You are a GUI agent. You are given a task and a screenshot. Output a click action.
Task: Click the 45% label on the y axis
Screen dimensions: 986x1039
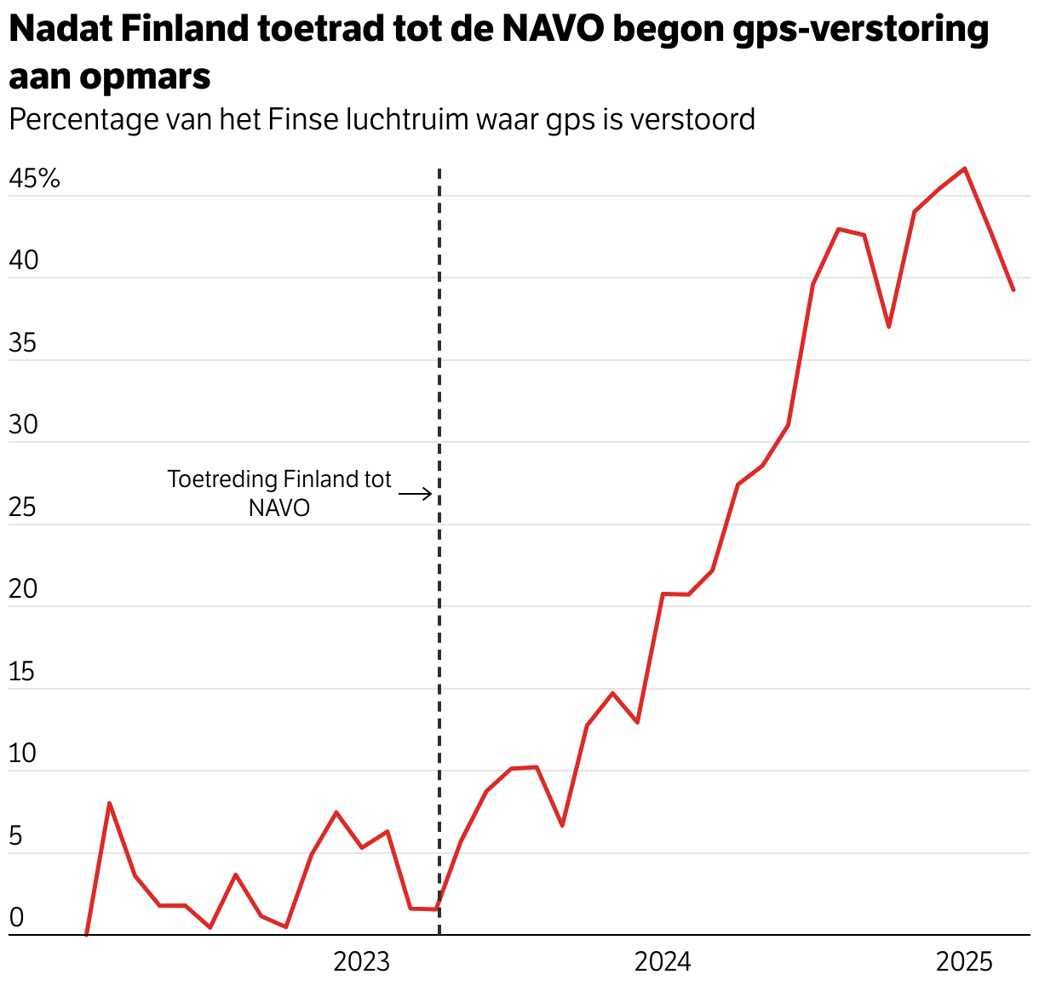[x=34, y=179]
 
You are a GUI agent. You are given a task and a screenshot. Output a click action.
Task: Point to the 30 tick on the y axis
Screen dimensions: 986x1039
[x=23, y=425]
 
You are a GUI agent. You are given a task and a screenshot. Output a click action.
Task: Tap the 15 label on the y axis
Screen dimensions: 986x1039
[x=22, y=672]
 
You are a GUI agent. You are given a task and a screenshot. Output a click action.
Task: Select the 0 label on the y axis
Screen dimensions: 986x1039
[x=16, y=918]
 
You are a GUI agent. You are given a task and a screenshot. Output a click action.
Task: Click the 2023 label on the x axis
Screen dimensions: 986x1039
[x=361, y=962]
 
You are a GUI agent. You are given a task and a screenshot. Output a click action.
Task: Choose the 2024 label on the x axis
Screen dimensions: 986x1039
[x=663, y=962]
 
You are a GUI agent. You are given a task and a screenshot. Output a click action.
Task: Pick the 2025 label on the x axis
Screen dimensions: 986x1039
[x=964, y=962]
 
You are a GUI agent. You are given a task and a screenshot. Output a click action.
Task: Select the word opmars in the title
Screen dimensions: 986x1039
[x=146, y=77]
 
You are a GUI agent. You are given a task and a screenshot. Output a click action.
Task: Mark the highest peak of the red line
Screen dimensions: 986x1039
[x=964, y=169]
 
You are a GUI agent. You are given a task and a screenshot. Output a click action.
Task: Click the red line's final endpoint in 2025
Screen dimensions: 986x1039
[x=1013, y=290]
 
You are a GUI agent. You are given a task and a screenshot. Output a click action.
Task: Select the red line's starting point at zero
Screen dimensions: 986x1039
[x=86, y=934]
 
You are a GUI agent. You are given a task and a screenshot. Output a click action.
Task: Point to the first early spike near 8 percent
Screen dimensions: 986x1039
[x=110, y=803]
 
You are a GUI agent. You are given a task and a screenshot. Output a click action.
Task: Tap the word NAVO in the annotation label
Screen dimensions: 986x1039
[x=279, y=508]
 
